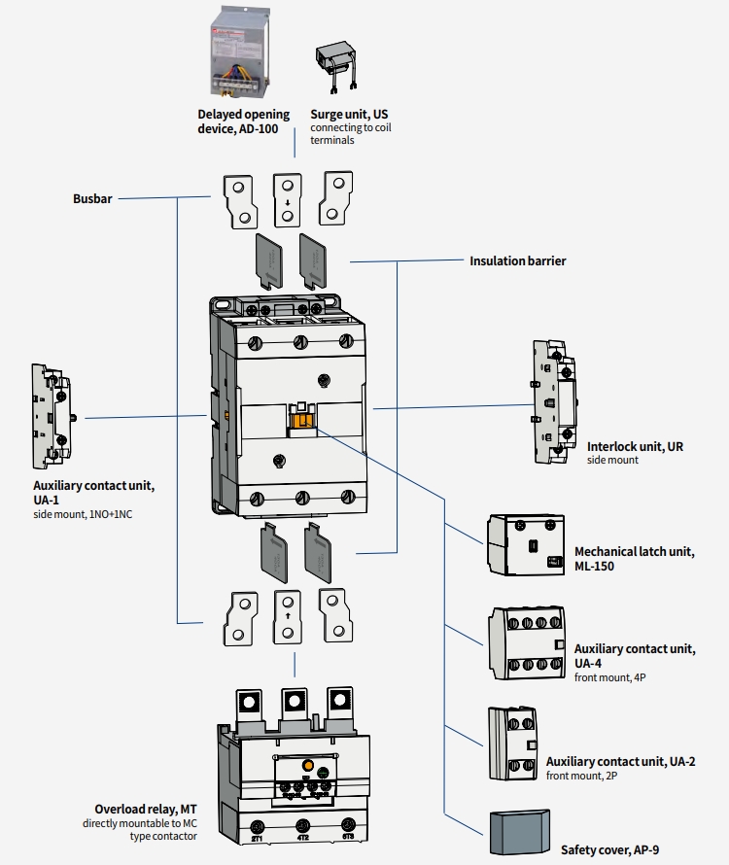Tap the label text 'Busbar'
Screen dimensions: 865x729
click(x=92, y=199)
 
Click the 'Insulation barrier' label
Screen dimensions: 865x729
click(x=517, y=260)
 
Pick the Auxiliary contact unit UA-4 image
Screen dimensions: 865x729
click(x=528, y=641)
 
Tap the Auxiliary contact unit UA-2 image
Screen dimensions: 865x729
click(x=512, y=743)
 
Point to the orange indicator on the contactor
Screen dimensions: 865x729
click(x=302, y=419)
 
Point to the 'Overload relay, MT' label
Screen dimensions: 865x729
click(x=146, y=809)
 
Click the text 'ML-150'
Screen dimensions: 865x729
click(x=594, y=566)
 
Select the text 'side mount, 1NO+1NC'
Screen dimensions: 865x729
click(x=83, y=513)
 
